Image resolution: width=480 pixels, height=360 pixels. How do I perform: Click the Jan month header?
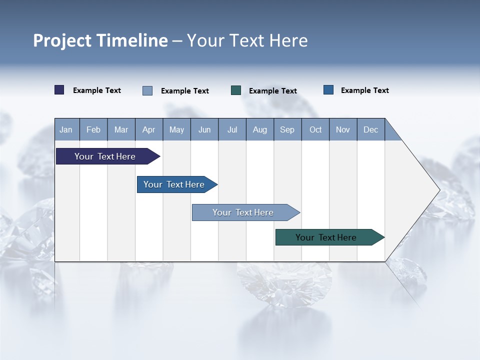(66, 129)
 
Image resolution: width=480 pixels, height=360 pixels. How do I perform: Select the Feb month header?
(93, 129)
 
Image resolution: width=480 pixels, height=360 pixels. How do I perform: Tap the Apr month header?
(148, 129)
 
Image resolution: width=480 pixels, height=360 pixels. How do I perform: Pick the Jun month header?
(204, 129)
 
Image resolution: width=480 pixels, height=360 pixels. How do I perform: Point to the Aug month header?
(259, 129)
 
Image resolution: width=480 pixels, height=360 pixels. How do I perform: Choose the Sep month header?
(287, 129)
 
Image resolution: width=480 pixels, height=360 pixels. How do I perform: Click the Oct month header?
(315, 129)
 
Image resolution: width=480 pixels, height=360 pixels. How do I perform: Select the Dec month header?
(370, 129)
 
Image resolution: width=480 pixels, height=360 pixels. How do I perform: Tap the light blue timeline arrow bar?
(243, 212)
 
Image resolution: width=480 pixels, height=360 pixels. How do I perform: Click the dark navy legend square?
(59, 90)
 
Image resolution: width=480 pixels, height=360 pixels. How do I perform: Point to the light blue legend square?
(147, 90)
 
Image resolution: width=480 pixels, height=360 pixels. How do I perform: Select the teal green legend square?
(236, 90)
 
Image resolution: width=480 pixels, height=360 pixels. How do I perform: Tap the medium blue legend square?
(328, 90)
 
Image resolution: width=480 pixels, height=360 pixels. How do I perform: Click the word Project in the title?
(62, 40)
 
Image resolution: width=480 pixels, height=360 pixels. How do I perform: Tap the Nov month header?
(343, 129)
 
